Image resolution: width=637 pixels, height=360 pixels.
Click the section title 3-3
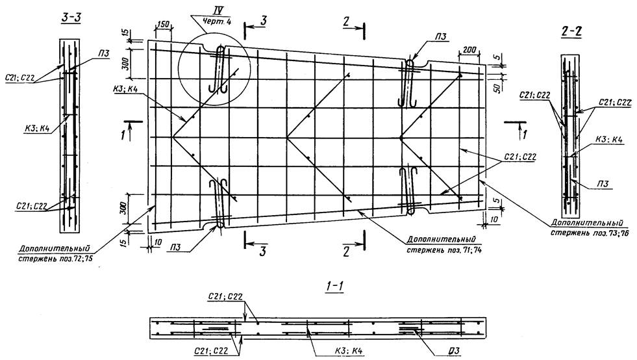coord(70,18)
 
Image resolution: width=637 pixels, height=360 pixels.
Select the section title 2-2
coord(571,32)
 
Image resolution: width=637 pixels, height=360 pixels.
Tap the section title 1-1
coord(335,287)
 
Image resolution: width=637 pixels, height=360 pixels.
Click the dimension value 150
coord(163,25)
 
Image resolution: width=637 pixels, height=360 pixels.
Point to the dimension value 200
coord(469,50)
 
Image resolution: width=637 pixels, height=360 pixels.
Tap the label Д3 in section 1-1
coord(453,350)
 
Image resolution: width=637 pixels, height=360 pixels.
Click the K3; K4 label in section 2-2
coord(609,140)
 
